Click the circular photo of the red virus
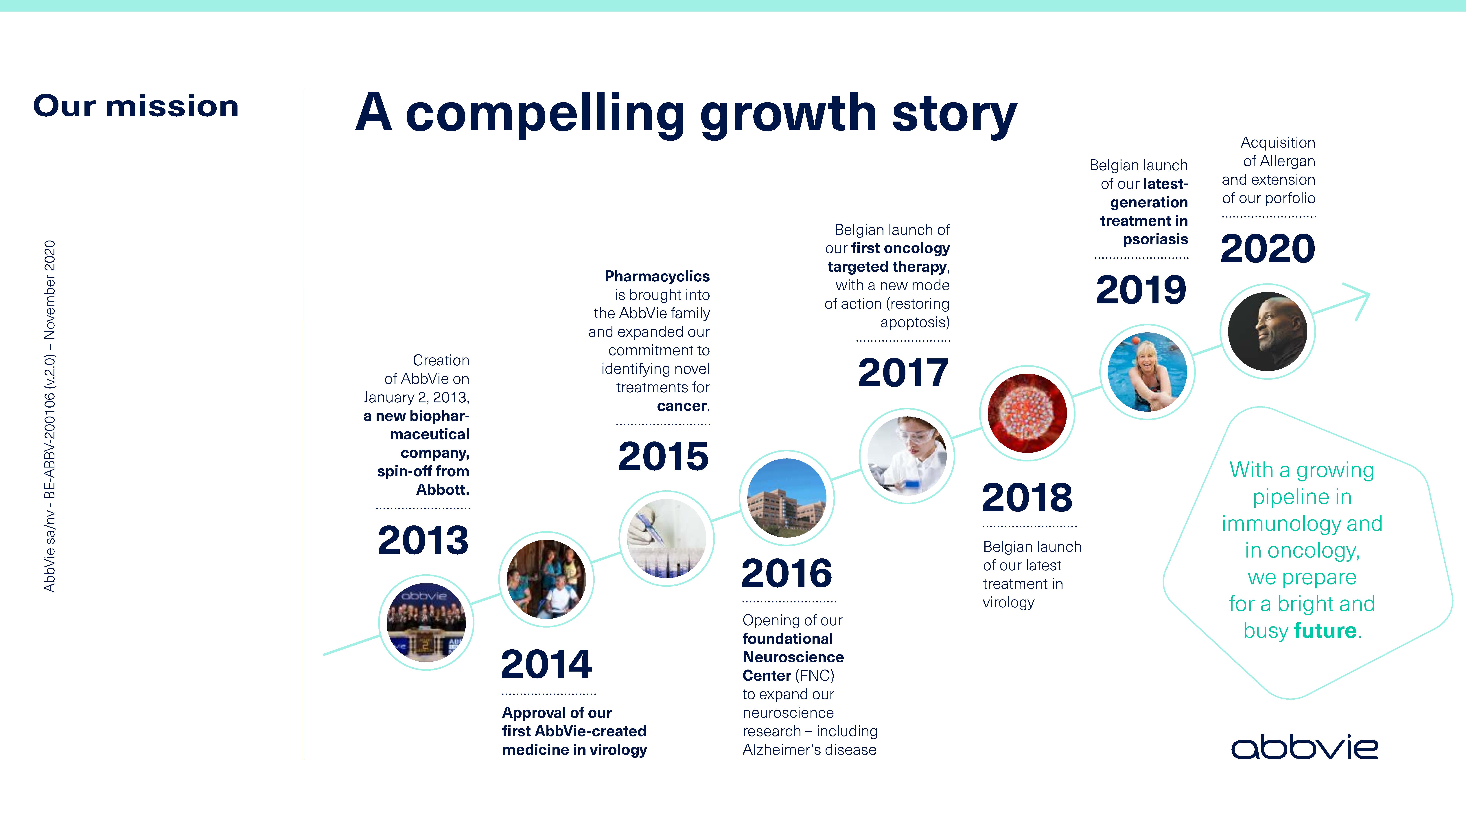1027,413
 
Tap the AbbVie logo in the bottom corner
1304,748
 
